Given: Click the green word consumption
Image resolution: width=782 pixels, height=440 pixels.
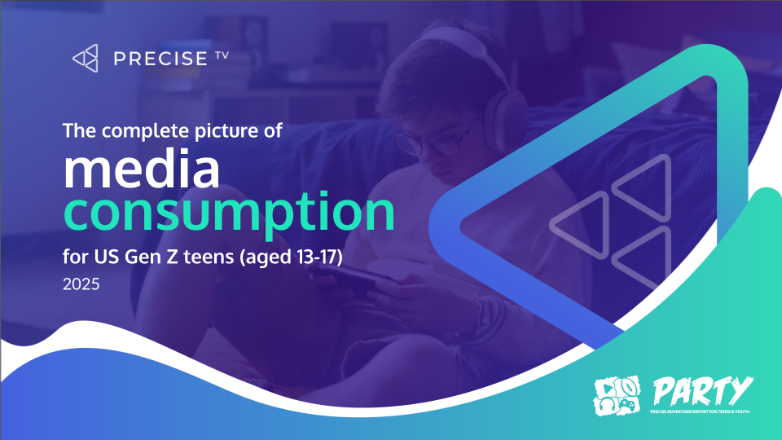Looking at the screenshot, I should (229, 211).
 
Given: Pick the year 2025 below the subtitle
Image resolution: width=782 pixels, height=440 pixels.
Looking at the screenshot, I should (81, 287).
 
